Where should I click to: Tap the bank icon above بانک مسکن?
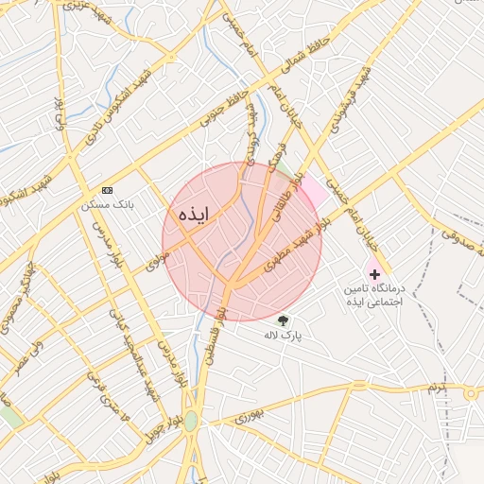pyautogui.click(x=107, y=189)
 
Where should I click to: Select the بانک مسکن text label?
pyautogui.click(x=107, y=203)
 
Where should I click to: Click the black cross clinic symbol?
pyautogui.click(x=374, y=273)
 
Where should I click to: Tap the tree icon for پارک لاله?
pyautogui.click(x=282, y=320)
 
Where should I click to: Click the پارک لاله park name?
pyautogui.click(x=283, y=335)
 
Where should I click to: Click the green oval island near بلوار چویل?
pyautogui.click(x=191, y=421)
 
